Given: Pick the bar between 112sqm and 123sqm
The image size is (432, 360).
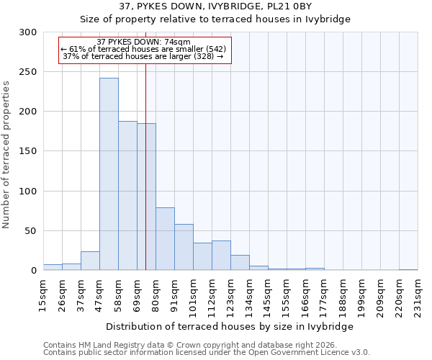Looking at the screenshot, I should point(221,256).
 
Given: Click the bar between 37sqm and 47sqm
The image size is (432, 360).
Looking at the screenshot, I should point(90,261).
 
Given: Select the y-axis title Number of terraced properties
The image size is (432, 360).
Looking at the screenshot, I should point(6,154).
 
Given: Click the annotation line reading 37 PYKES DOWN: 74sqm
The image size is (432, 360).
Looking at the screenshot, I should point(143,42).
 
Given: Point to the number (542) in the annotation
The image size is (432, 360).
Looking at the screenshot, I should point(214,49).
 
